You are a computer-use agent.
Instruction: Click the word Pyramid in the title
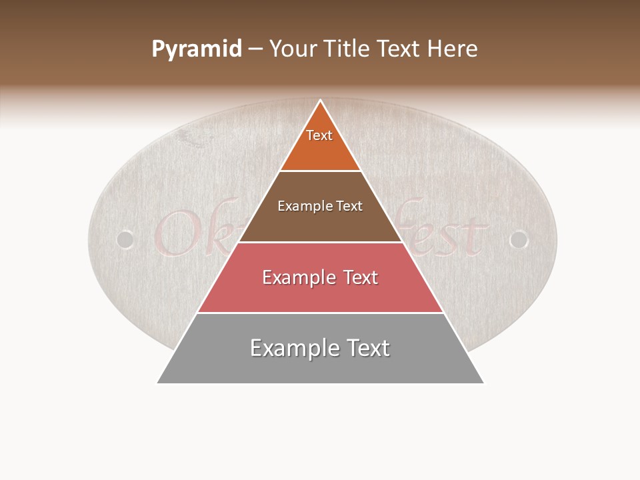(x=197, y=49)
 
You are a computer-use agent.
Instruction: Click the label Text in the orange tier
(x=319, y=135)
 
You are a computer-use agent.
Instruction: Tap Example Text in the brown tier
(x=320, y=206)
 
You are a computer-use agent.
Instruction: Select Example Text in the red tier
(x=320, y=277)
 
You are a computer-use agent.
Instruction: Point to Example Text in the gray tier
(x=320, y=348)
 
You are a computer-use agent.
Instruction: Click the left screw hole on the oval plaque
(x=125, y=239)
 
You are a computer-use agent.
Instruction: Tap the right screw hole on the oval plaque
(x=518, y=239)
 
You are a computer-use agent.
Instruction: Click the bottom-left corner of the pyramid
(x=158, y=383)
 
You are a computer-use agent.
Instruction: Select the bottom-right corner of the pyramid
(x=483, y=383)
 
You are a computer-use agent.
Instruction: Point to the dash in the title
(x=255, y=49)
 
